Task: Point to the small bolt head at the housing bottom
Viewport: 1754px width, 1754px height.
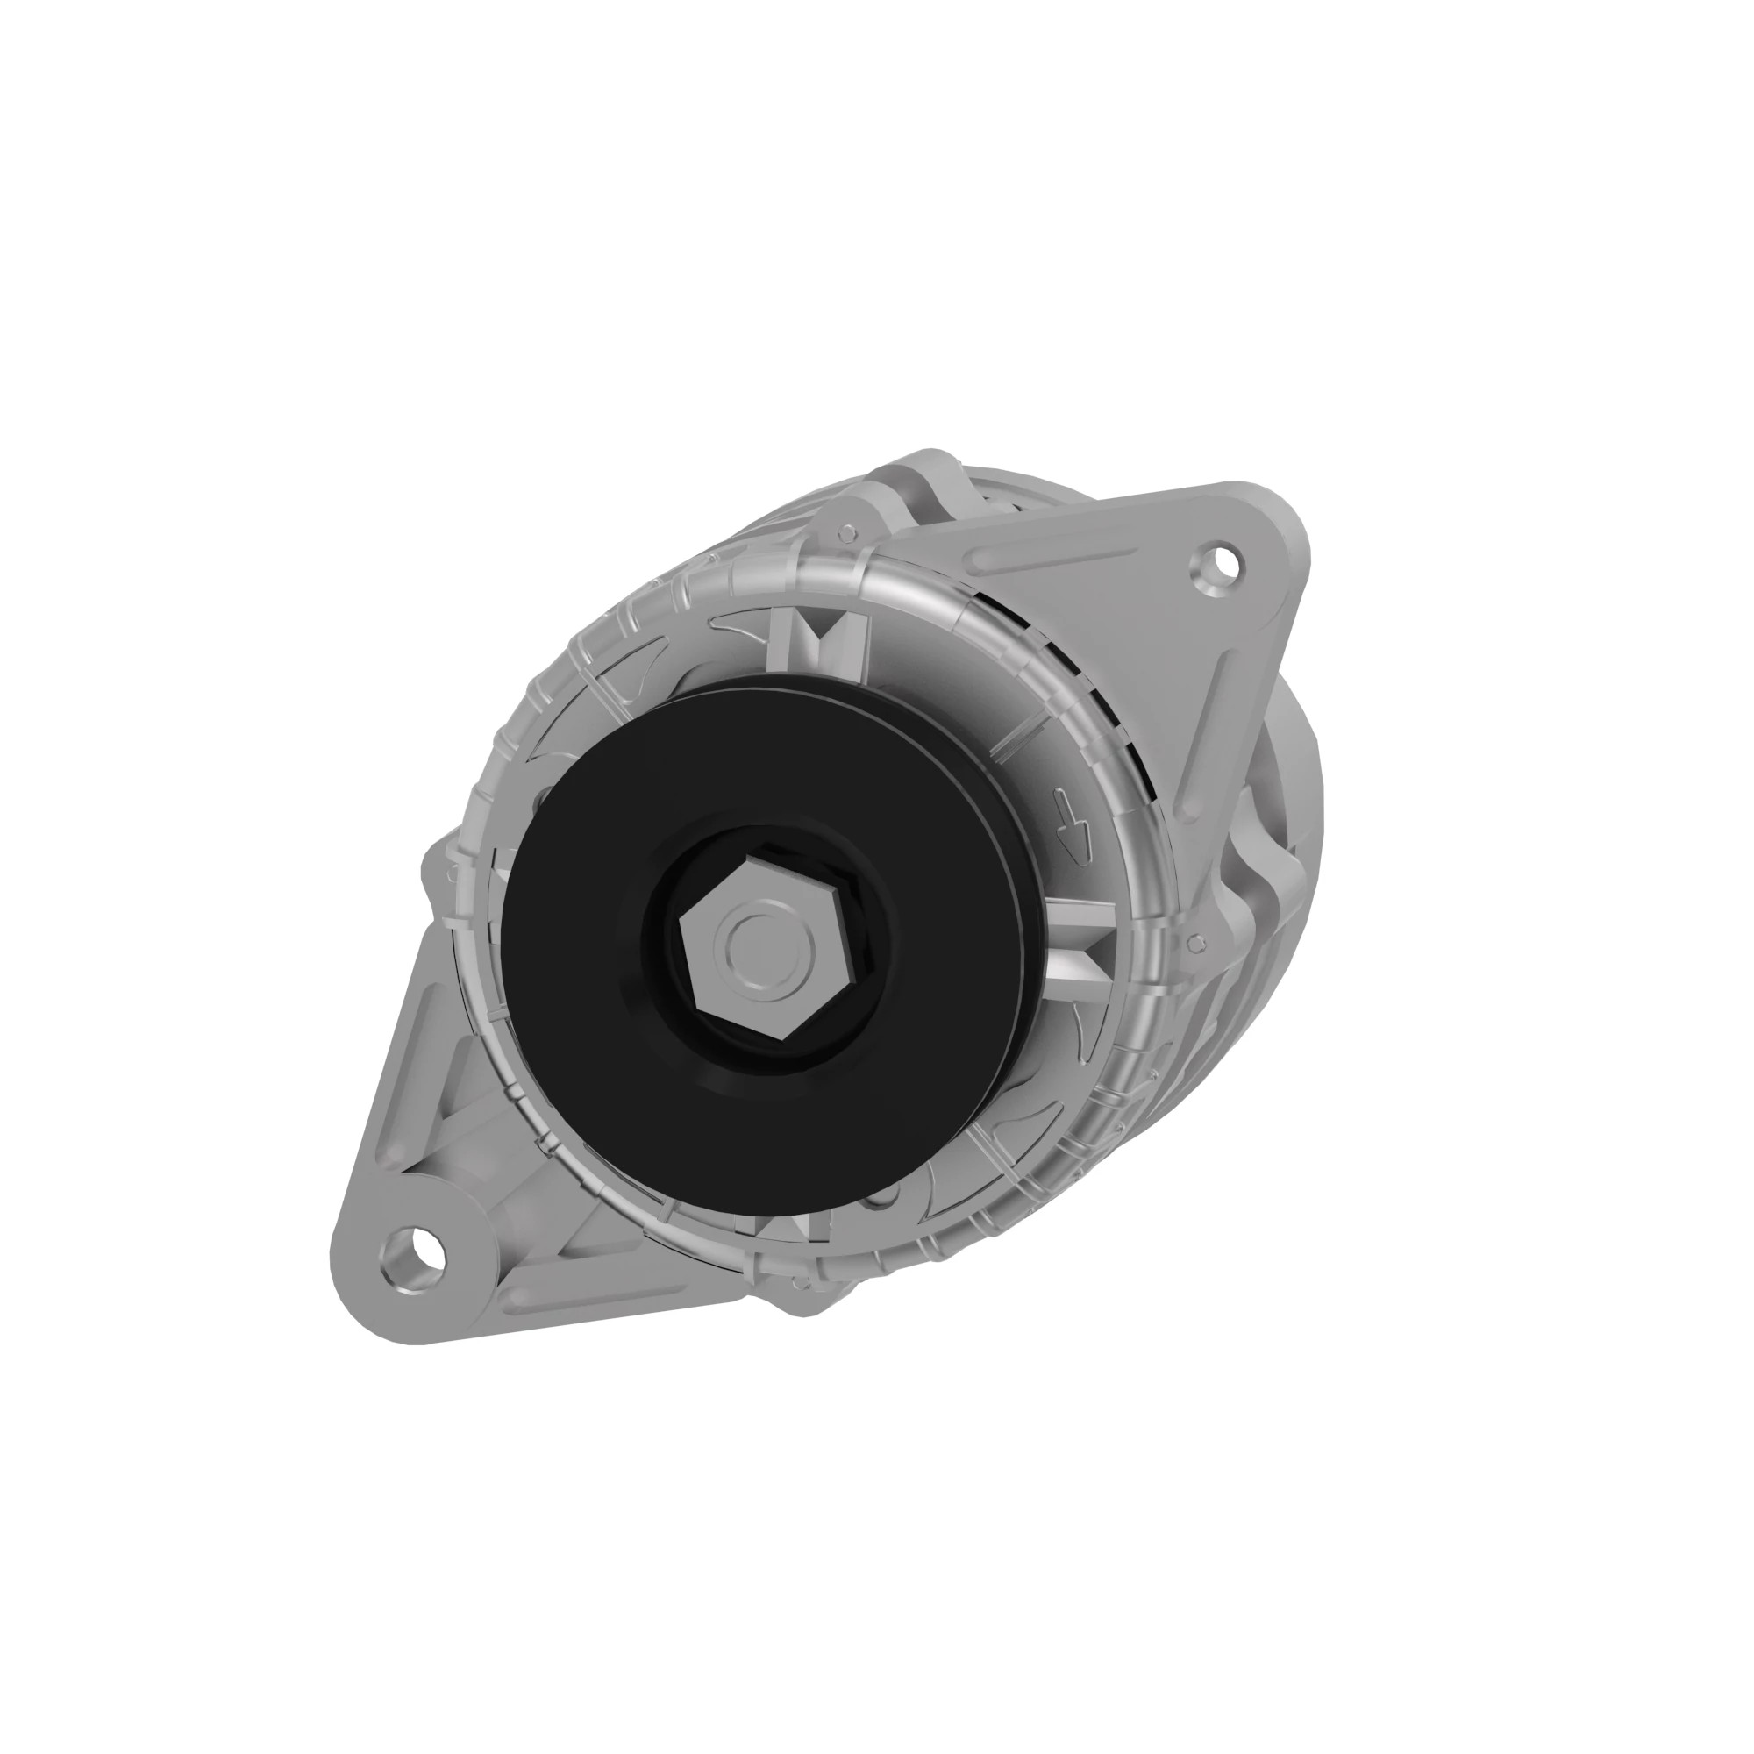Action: [800, 1282]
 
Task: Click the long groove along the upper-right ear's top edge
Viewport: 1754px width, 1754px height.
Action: [1053, 556]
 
